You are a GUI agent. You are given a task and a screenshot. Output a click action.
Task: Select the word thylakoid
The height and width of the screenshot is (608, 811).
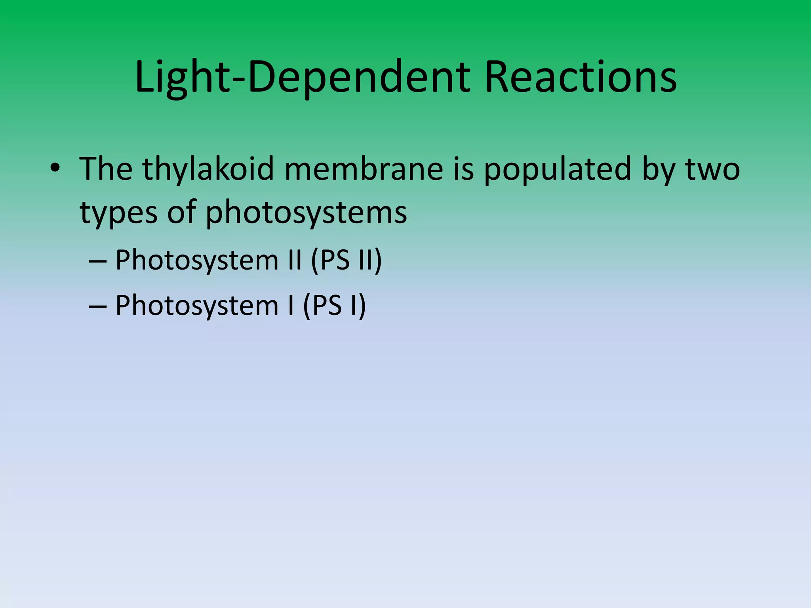coord(209,169)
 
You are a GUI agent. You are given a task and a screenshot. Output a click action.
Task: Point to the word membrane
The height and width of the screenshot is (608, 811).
coord(364,169)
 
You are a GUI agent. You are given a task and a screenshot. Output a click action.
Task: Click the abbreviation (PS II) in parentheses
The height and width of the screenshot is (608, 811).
coord(346,260)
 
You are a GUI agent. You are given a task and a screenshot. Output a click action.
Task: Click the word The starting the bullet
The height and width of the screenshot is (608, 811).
coord(106,169)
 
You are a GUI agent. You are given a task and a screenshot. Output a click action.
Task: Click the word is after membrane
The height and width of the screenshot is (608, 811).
coord(463,169)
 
